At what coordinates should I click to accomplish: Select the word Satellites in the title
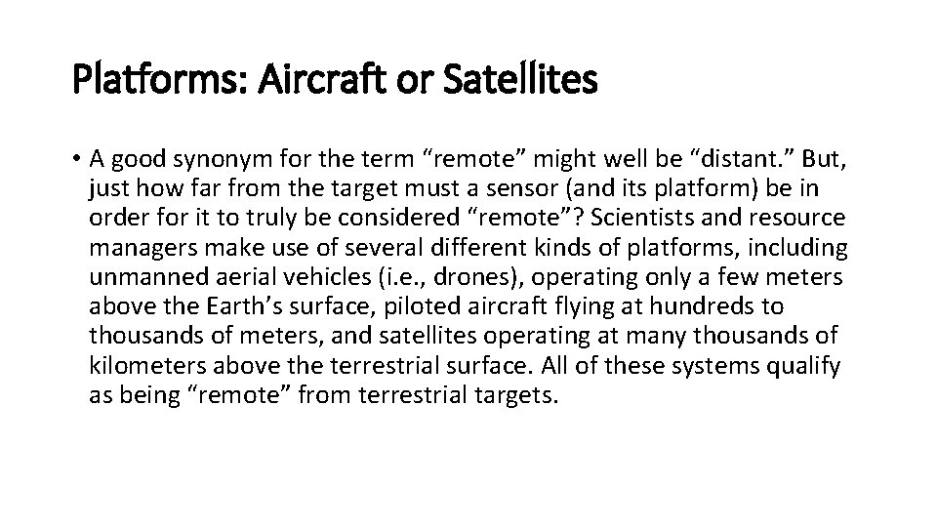point(517,81)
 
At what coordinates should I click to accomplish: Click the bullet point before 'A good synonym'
point(77,158)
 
